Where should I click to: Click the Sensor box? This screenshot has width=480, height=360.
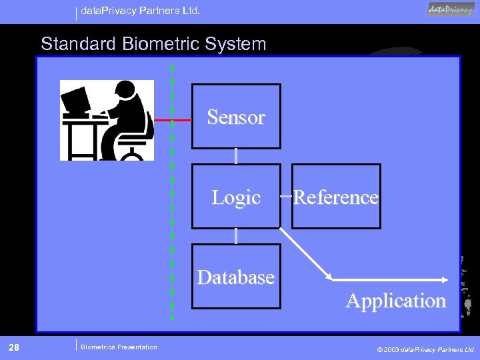click(236, 116)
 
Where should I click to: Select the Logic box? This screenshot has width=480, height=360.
click(236, 197)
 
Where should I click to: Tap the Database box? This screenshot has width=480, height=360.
click(236, 277)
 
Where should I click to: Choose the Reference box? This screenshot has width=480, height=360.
click(336, 197)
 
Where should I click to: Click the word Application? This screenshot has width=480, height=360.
click(395, 301)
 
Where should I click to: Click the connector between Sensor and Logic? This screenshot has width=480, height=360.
click(236, 156)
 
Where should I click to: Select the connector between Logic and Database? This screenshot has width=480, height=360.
click(236, 236)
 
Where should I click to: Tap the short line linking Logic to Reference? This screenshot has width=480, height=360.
click(286, 197)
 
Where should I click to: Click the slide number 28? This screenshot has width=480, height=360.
click(13, 347)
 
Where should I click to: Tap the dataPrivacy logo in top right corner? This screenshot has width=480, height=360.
click(451, 9)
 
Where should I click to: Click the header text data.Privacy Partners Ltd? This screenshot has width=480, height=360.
click(140, 11)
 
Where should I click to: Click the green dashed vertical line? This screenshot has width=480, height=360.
click(173, 200)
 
